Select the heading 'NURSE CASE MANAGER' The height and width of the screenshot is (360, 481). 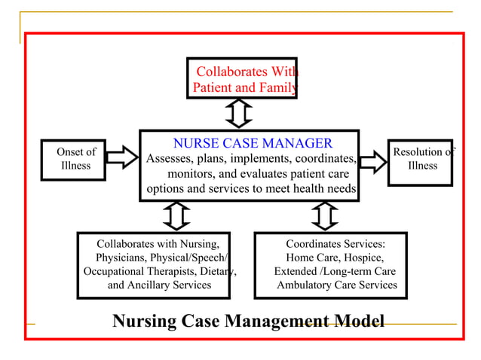(x=253, y=143)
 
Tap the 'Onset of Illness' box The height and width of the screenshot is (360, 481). (x=75, y=159)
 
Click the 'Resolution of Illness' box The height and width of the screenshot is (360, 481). (x=421, y=159)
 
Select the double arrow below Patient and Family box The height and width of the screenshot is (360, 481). (x=239, y=114)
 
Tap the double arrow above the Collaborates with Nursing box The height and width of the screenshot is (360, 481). (x=176, y=216)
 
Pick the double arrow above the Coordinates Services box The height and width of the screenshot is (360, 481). (x=324, y=216)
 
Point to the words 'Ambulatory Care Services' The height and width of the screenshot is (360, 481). (x=336, y=285)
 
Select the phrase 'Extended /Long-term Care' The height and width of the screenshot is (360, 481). (x=335, y=271)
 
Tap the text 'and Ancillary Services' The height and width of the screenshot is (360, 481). (x=159, y=285)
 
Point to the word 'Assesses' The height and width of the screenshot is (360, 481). (x=170, y=159)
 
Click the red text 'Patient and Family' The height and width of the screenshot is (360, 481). (x=244, y=88)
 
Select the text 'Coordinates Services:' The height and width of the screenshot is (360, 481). (x=335, y=244)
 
